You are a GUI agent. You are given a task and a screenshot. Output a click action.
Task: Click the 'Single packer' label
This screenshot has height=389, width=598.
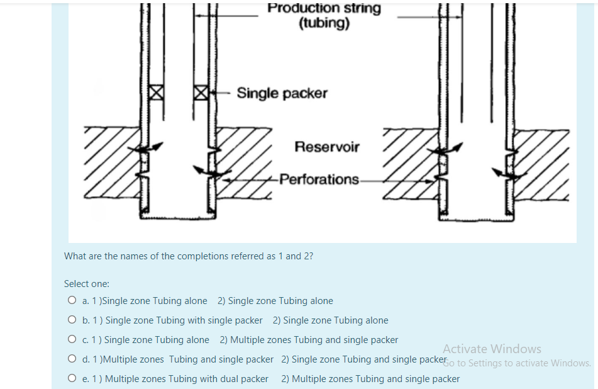[282, 93]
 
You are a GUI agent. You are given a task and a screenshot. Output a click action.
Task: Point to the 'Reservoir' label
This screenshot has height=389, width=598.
[327, 147]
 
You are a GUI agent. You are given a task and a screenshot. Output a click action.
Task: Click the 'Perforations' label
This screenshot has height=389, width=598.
[319, 179]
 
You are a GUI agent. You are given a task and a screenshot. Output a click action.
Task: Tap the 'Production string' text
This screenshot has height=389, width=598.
[324, 8]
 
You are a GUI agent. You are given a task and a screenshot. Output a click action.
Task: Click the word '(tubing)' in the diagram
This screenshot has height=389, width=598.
[324, 24]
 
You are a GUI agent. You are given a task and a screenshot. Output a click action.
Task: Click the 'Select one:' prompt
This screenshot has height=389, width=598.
[87, 284]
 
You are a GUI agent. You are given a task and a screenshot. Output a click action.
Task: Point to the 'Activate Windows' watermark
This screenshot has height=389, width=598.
[492, 348]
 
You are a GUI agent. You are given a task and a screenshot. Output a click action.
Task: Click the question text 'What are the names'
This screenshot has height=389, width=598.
[189, 256]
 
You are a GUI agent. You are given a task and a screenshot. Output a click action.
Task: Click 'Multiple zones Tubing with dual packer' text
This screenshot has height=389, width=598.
[187, 379]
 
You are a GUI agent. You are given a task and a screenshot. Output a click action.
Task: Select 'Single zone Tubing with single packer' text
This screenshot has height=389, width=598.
[184, 320]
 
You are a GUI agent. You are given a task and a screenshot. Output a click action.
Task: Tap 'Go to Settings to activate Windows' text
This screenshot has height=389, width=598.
[517, 363]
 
